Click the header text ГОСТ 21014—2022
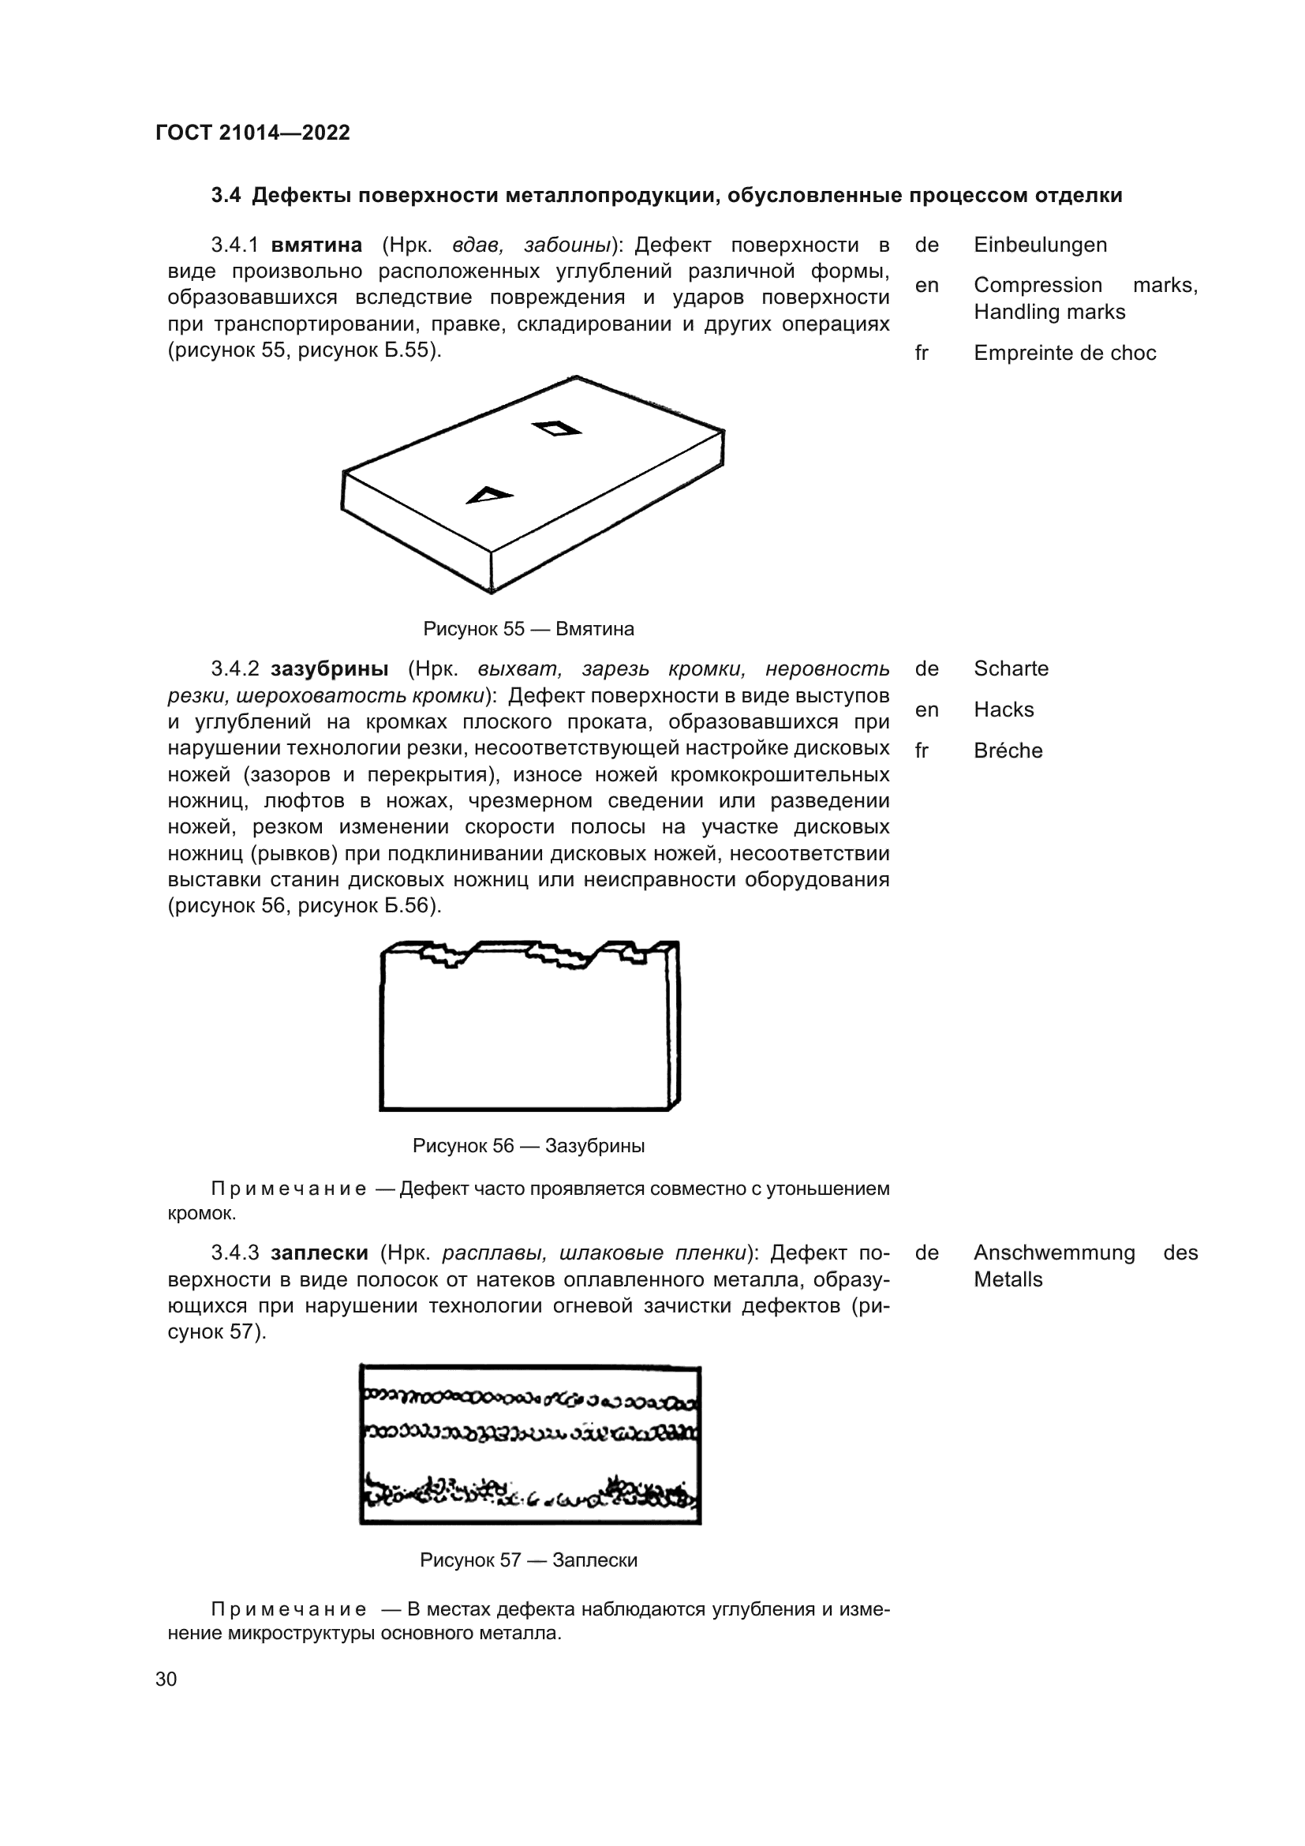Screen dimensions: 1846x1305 252,133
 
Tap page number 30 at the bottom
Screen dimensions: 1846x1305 166,1679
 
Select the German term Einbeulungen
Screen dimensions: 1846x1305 1040,245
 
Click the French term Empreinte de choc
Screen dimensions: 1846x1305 1064,353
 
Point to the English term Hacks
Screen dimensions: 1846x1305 1003,710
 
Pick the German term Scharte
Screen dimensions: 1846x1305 1010,668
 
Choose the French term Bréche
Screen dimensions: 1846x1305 1007,750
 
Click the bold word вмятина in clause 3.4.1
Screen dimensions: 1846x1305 316,245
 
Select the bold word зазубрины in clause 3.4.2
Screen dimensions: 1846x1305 330,668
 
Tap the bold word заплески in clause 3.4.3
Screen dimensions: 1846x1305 319,1253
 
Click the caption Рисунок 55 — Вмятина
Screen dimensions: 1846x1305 528,629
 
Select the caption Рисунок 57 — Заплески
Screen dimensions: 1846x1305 528,1560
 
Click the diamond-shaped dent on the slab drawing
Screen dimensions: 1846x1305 556,429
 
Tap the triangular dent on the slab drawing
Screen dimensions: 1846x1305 488,496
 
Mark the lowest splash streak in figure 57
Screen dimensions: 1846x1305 530,1494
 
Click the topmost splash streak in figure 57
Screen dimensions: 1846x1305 530,1400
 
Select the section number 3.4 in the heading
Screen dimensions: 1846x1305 225,196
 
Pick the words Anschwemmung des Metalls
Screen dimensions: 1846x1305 1085,1265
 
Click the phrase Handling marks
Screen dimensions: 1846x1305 1049,312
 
